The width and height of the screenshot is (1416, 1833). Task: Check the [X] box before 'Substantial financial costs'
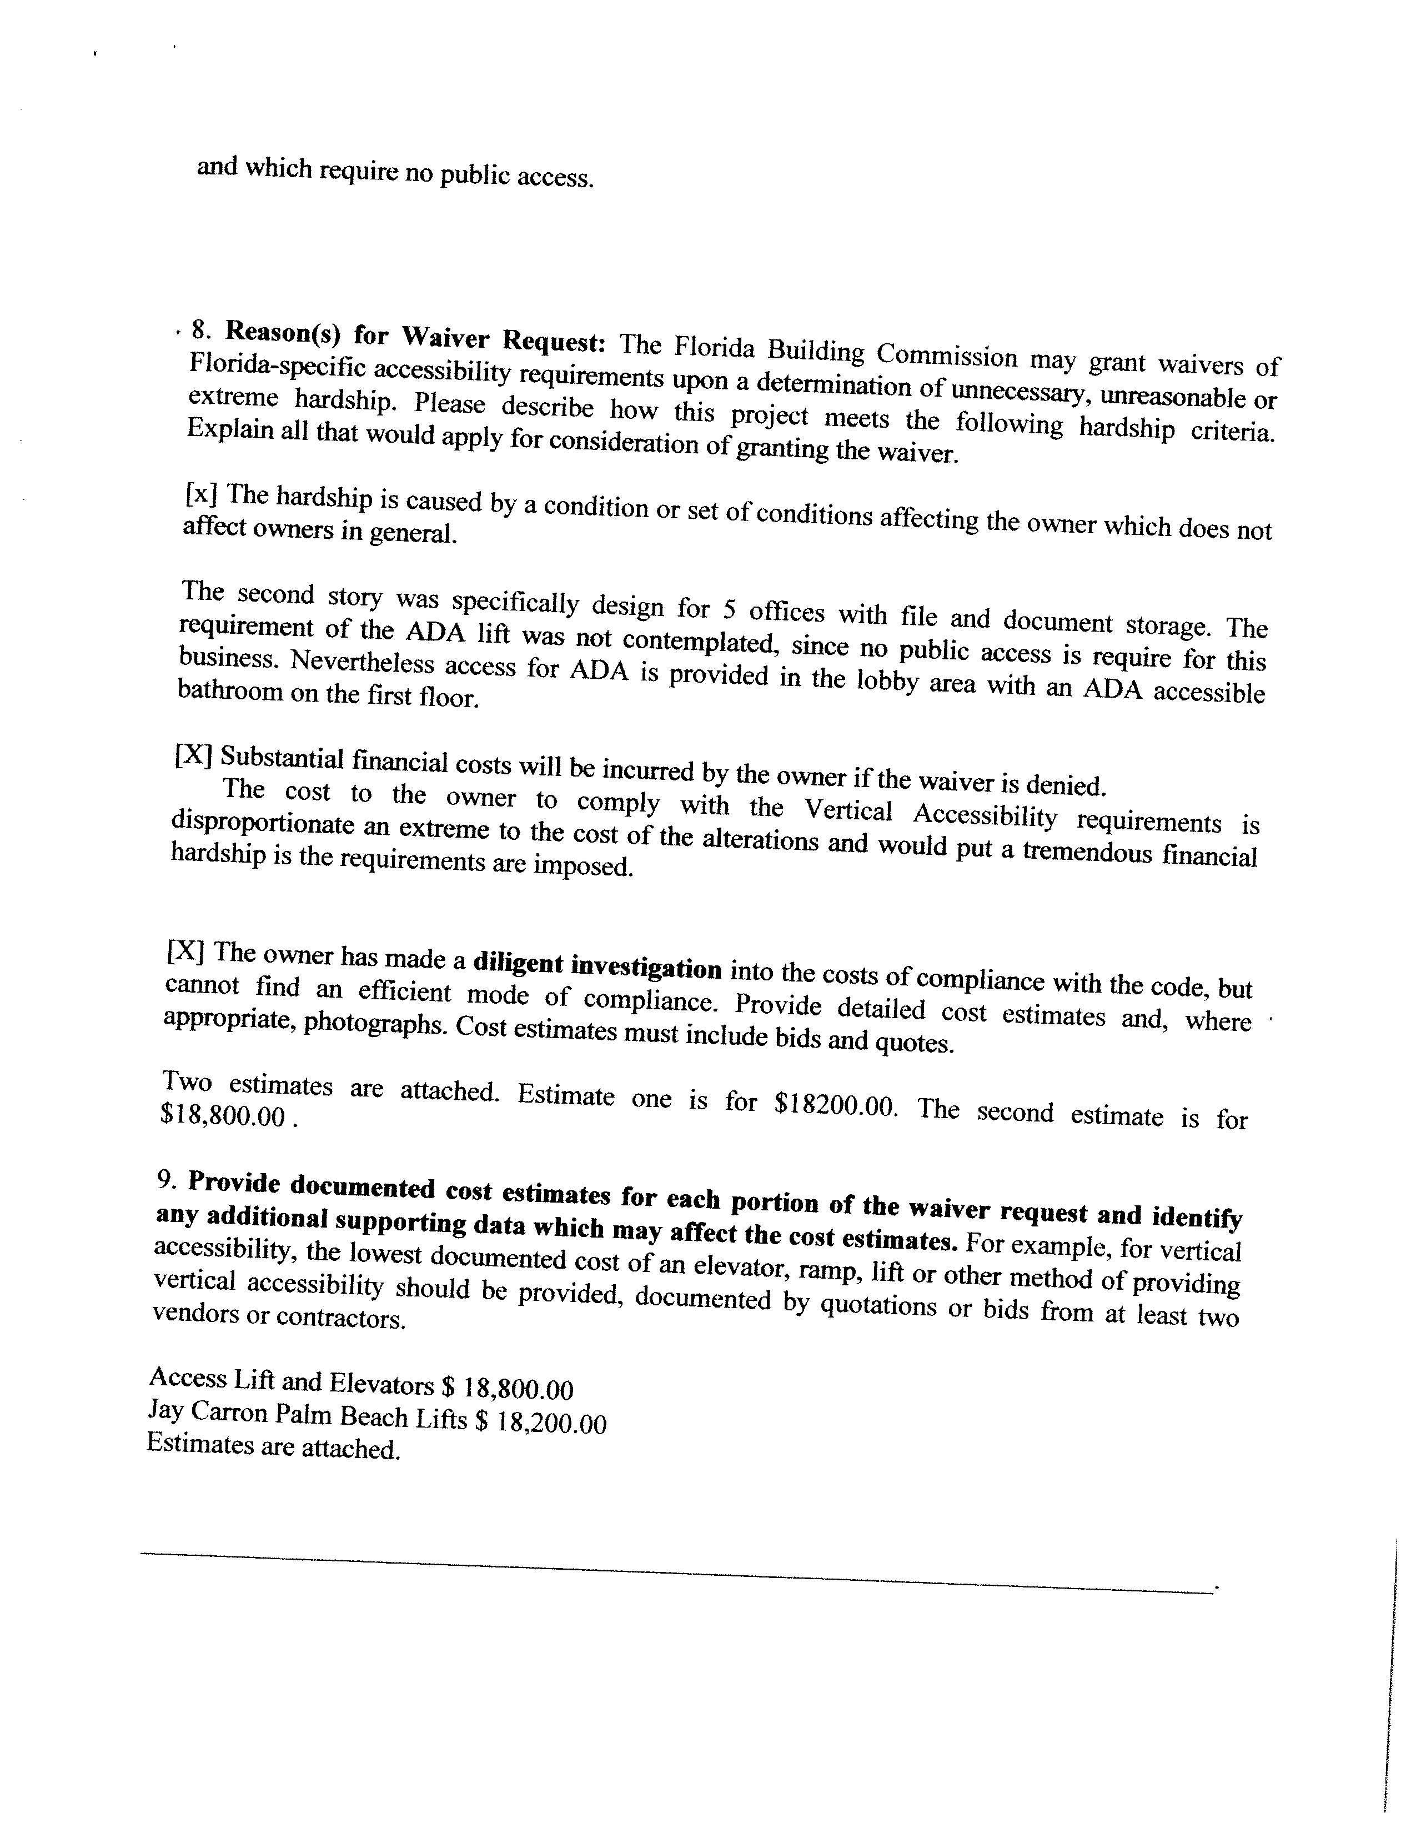[x=191, y=755]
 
